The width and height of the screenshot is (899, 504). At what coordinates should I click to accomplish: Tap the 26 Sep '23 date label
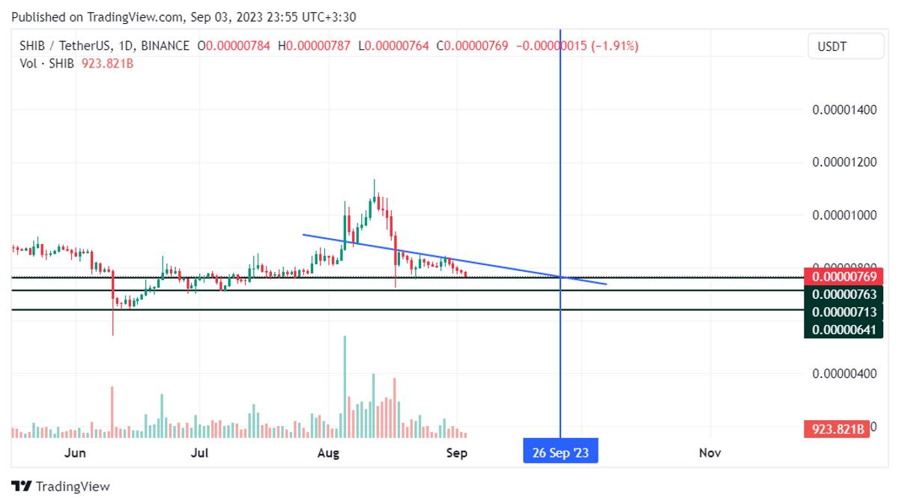click(x=560, y=452)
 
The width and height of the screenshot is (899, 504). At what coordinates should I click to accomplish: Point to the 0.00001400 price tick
click(x=844, y=110)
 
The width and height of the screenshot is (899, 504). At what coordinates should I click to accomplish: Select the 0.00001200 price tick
click(x=844, y=163)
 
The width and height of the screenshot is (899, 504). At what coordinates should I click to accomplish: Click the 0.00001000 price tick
click(x=844, y=215)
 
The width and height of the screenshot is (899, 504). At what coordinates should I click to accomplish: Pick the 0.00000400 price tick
click(x=844, y=373)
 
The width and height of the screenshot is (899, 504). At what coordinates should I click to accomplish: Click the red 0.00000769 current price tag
click(x=844, y=277)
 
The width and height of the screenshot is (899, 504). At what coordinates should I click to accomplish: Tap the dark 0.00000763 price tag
click(x=844, y=294)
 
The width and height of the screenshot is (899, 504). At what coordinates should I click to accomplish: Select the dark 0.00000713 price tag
click(x=844, y=312)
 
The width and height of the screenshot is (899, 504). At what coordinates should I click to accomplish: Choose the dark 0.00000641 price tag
click(x=844, y=329)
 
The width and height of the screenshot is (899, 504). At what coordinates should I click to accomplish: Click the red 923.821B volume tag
click(x=838, y=429)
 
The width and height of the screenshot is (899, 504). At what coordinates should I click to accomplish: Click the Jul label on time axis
click(x=199, y=452)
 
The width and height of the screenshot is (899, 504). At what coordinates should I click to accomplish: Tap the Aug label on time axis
click(x=328, y=452)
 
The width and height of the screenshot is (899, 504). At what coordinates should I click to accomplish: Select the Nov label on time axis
click(x=709, y=452)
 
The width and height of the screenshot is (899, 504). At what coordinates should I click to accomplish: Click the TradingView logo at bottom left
click(x=61, y=486)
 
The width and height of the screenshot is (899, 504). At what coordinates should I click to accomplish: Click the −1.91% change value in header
click(x=615, y=46)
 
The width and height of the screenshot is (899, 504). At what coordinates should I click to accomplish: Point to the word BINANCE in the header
click(x=165, y=46)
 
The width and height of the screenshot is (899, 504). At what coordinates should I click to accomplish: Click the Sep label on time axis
click(x=457, y=452)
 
